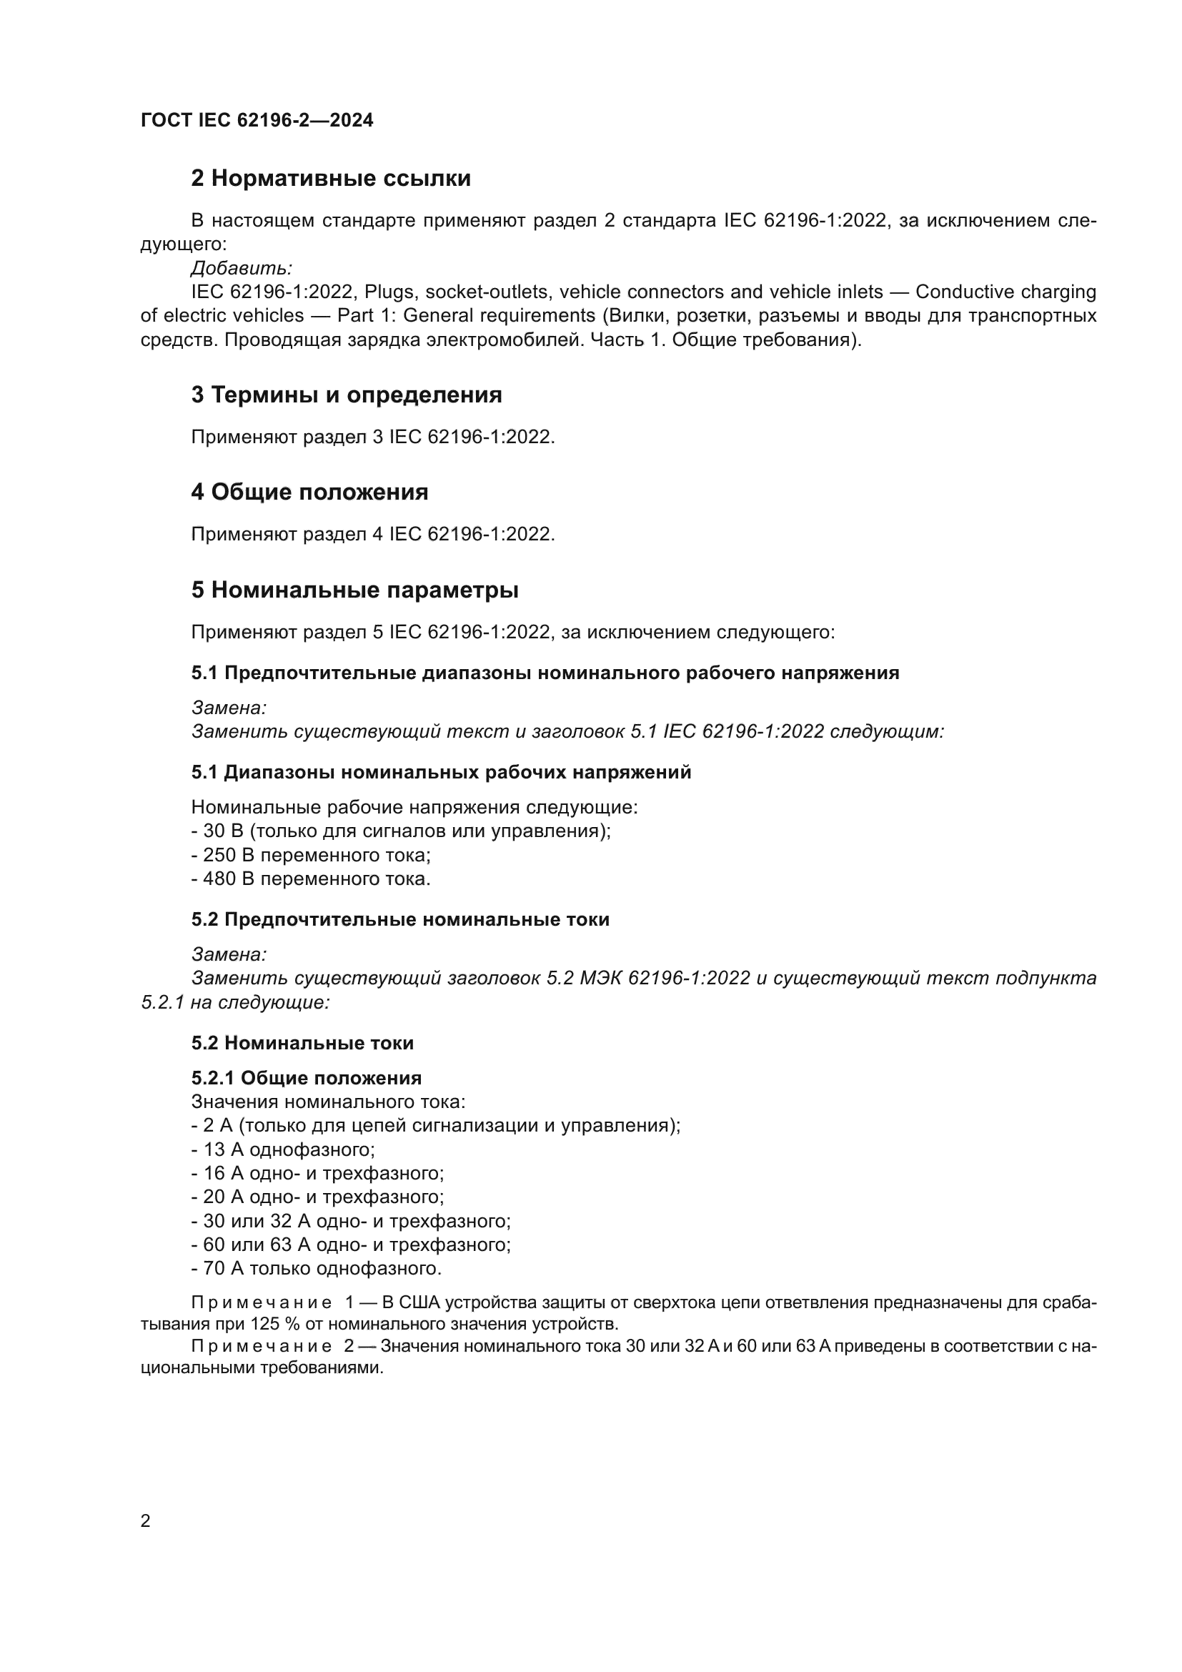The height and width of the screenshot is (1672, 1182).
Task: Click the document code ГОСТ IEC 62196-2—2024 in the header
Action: click(x=257, y=120)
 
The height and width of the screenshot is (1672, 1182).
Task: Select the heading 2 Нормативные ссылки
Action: click(x=330, y=179)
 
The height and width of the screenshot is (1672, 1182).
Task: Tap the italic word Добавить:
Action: click(x=242, y=268)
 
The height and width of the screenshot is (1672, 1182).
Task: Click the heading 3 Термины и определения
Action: click(x=347, y=395)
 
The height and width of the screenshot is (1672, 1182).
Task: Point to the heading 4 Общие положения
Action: click(x=309, y=493)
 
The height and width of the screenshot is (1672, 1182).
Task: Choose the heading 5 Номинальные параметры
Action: click(x=354, y=590)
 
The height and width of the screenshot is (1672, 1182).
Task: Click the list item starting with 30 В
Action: click(x=400, y=831)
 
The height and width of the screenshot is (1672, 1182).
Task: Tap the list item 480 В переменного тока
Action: click(x=312, y=879)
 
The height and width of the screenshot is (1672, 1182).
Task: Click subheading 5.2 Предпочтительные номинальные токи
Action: click(x=400, y=920)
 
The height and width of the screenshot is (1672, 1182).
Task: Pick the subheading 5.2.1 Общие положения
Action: click(x=307, y=1078)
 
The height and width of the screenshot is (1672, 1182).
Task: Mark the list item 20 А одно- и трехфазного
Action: click(x=318, y=1197)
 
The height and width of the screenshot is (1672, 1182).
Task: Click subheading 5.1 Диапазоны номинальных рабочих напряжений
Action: click(x=441, y=773)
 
